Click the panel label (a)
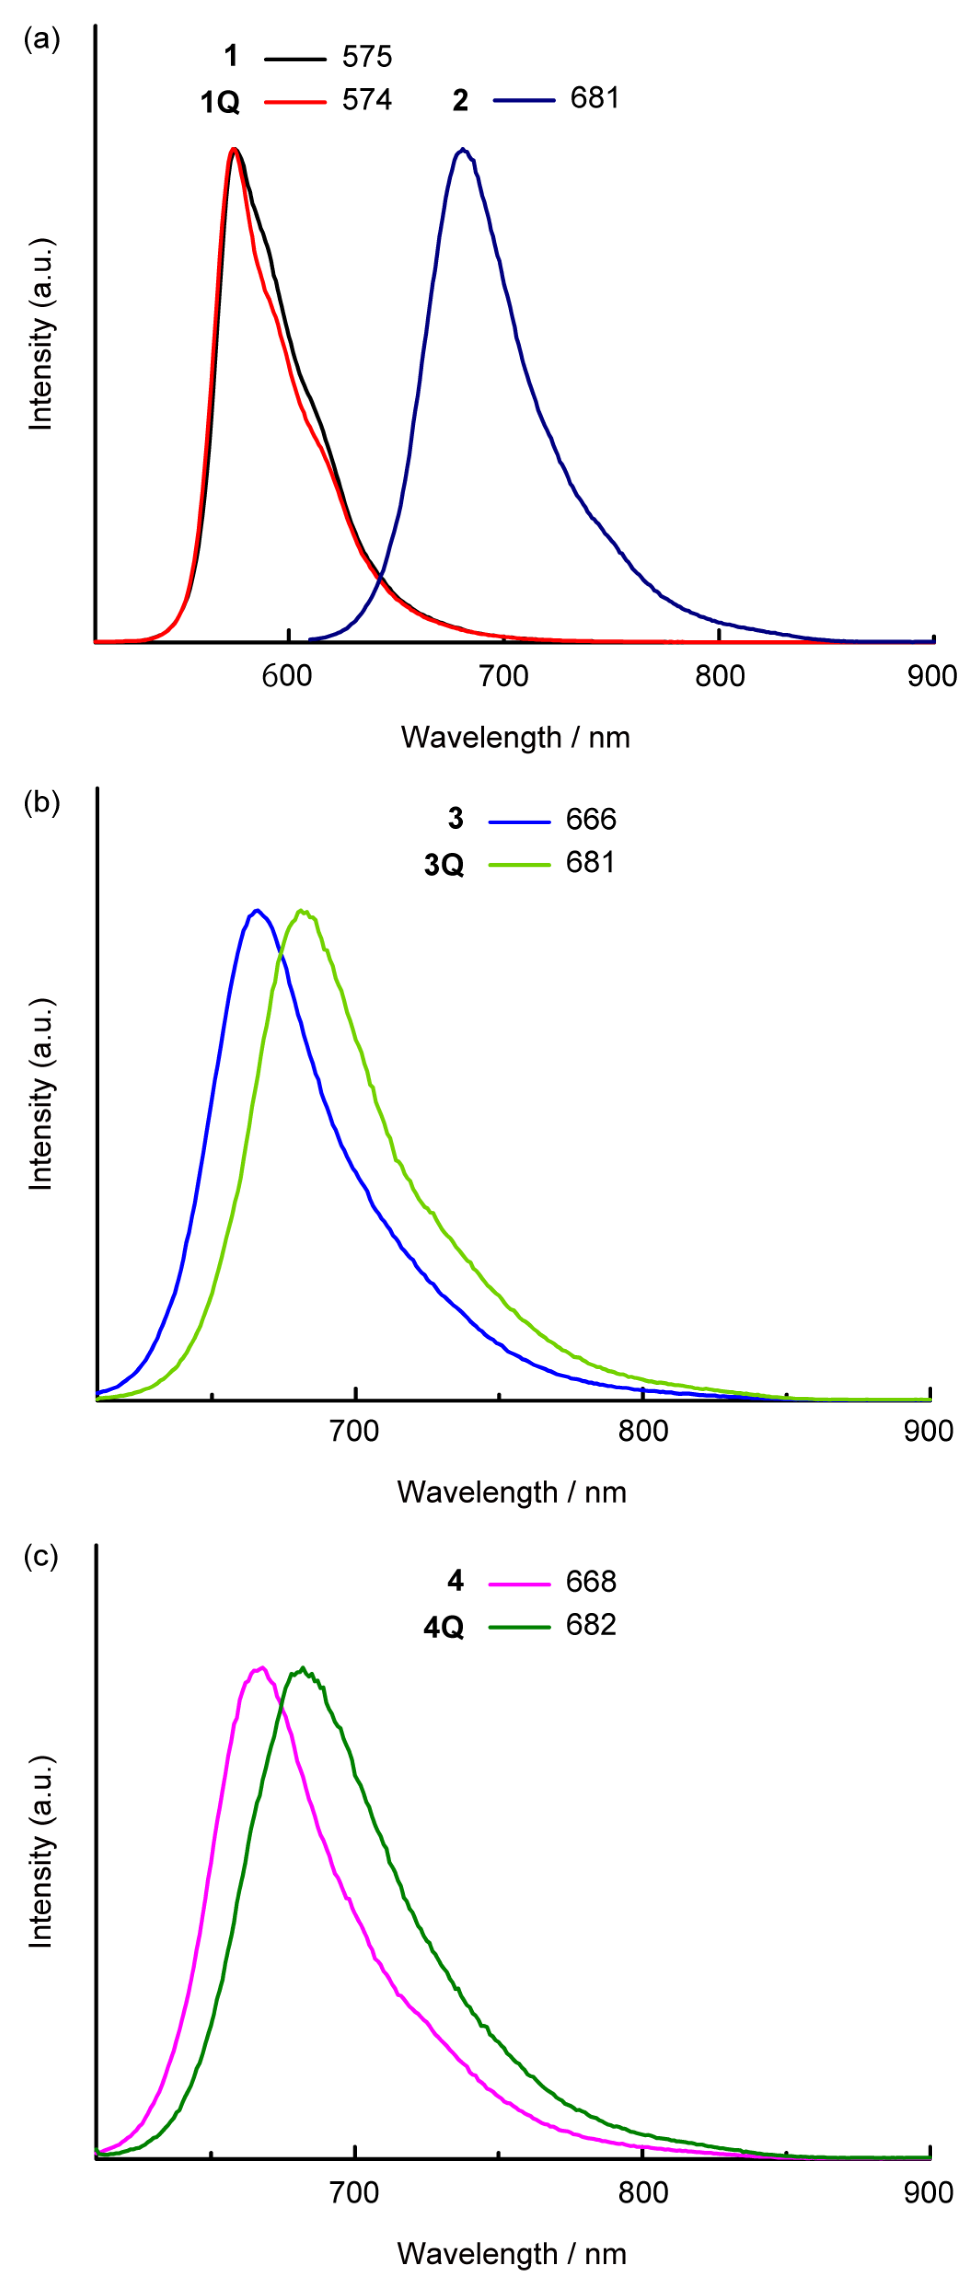tap(42, 40)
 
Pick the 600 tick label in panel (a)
tap(287, 676)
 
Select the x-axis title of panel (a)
tap(516, 737)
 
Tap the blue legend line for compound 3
tap(519, 822)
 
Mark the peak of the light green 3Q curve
tap(302, 911)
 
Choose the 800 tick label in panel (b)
tap(642, 1430)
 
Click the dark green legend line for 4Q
tap(519, 1627)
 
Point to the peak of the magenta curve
tap(261, 1668)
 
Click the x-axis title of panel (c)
tap(512, 2254)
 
